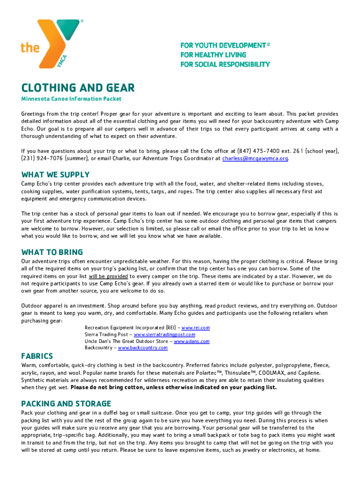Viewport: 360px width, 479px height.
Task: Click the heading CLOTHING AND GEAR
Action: [x=78, y=87]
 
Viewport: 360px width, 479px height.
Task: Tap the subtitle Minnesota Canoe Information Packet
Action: [x=72, y=99]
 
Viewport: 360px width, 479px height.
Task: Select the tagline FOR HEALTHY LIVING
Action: [x=213, y=55]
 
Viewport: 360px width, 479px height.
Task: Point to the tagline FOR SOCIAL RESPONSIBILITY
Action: [x=225, y=64]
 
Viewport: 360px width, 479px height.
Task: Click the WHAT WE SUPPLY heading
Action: [x=55, y=174]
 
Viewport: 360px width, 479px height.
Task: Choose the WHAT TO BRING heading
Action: [x=52, y=252]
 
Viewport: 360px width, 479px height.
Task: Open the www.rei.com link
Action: [x=195, y=328]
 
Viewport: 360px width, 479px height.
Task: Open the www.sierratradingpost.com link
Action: [x=164, y=334]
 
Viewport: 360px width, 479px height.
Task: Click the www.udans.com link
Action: [x=192, y=341]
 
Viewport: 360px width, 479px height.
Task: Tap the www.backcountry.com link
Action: [x=143, y=348]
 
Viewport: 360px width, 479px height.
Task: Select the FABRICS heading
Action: [x=37, y=356]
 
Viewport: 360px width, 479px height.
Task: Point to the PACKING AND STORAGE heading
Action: [x=66, y=404]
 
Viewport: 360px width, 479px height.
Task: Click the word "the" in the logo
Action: [x=30, y=47]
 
